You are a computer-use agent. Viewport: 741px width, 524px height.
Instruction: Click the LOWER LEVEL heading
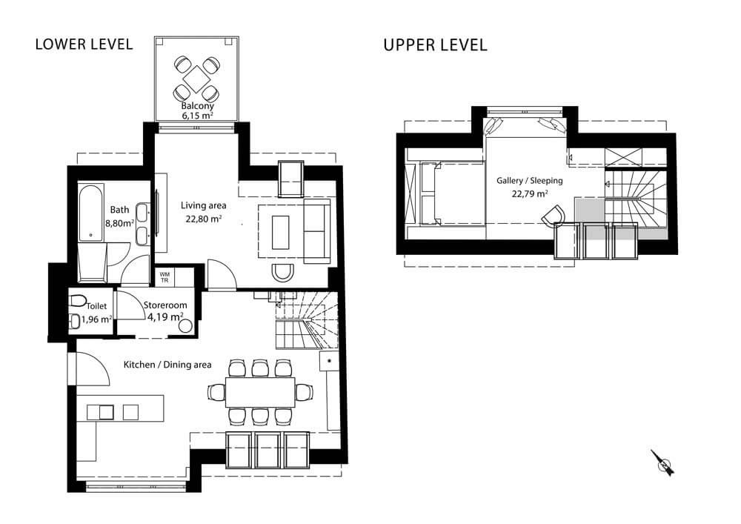[84, 44]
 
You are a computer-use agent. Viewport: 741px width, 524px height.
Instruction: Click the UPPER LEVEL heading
[435, 45]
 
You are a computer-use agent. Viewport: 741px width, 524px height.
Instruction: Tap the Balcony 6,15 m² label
[197, 111]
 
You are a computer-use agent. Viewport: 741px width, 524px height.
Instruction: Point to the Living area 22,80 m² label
[203, 212]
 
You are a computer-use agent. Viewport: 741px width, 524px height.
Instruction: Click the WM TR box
[165, 276]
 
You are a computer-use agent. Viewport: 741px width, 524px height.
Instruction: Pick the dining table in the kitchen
[259, 391]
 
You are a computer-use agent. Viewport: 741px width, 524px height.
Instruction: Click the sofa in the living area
[318, 231]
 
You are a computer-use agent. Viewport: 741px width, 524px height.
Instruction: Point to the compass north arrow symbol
[663, 462]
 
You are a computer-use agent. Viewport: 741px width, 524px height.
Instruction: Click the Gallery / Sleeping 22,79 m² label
[529, 187]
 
